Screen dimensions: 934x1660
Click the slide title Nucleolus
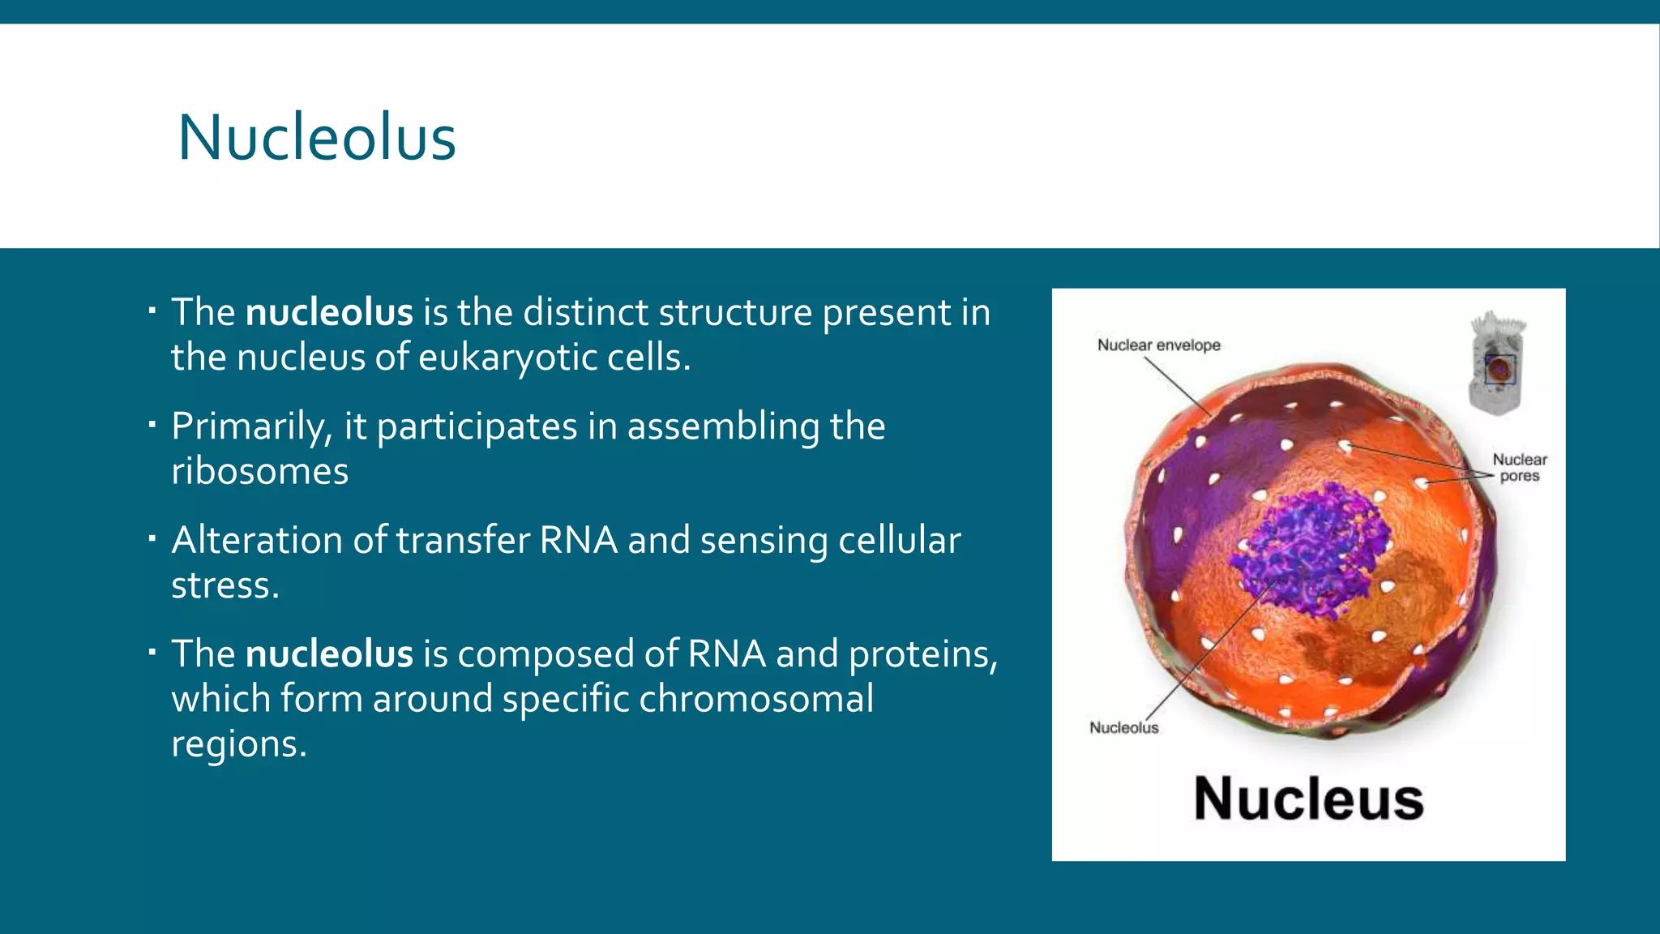(317, 138)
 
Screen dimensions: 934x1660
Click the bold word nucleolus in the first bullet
(329, 313)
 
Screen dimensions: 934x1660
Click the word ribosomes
(259, 472)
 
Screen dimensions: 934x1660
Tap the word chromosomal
(755, 699)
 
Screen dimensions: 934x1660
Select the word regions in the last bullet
(238, 744)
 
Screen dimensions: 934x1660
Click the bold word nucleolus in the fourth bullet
(329, 654)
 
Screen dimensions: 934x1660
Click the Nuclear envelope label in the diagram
(1158, 345)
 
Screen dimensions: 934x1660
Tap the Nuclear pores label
(1519, 468)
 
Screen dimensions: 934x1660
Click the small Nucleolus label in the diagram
(1123, 728)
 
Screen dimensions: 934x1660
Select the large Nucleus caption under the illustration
(1308, 799)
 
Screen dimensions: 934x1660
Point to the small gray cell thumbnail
(1498, 363)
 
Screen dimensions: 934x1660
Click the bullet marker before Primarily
(152, 423)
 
